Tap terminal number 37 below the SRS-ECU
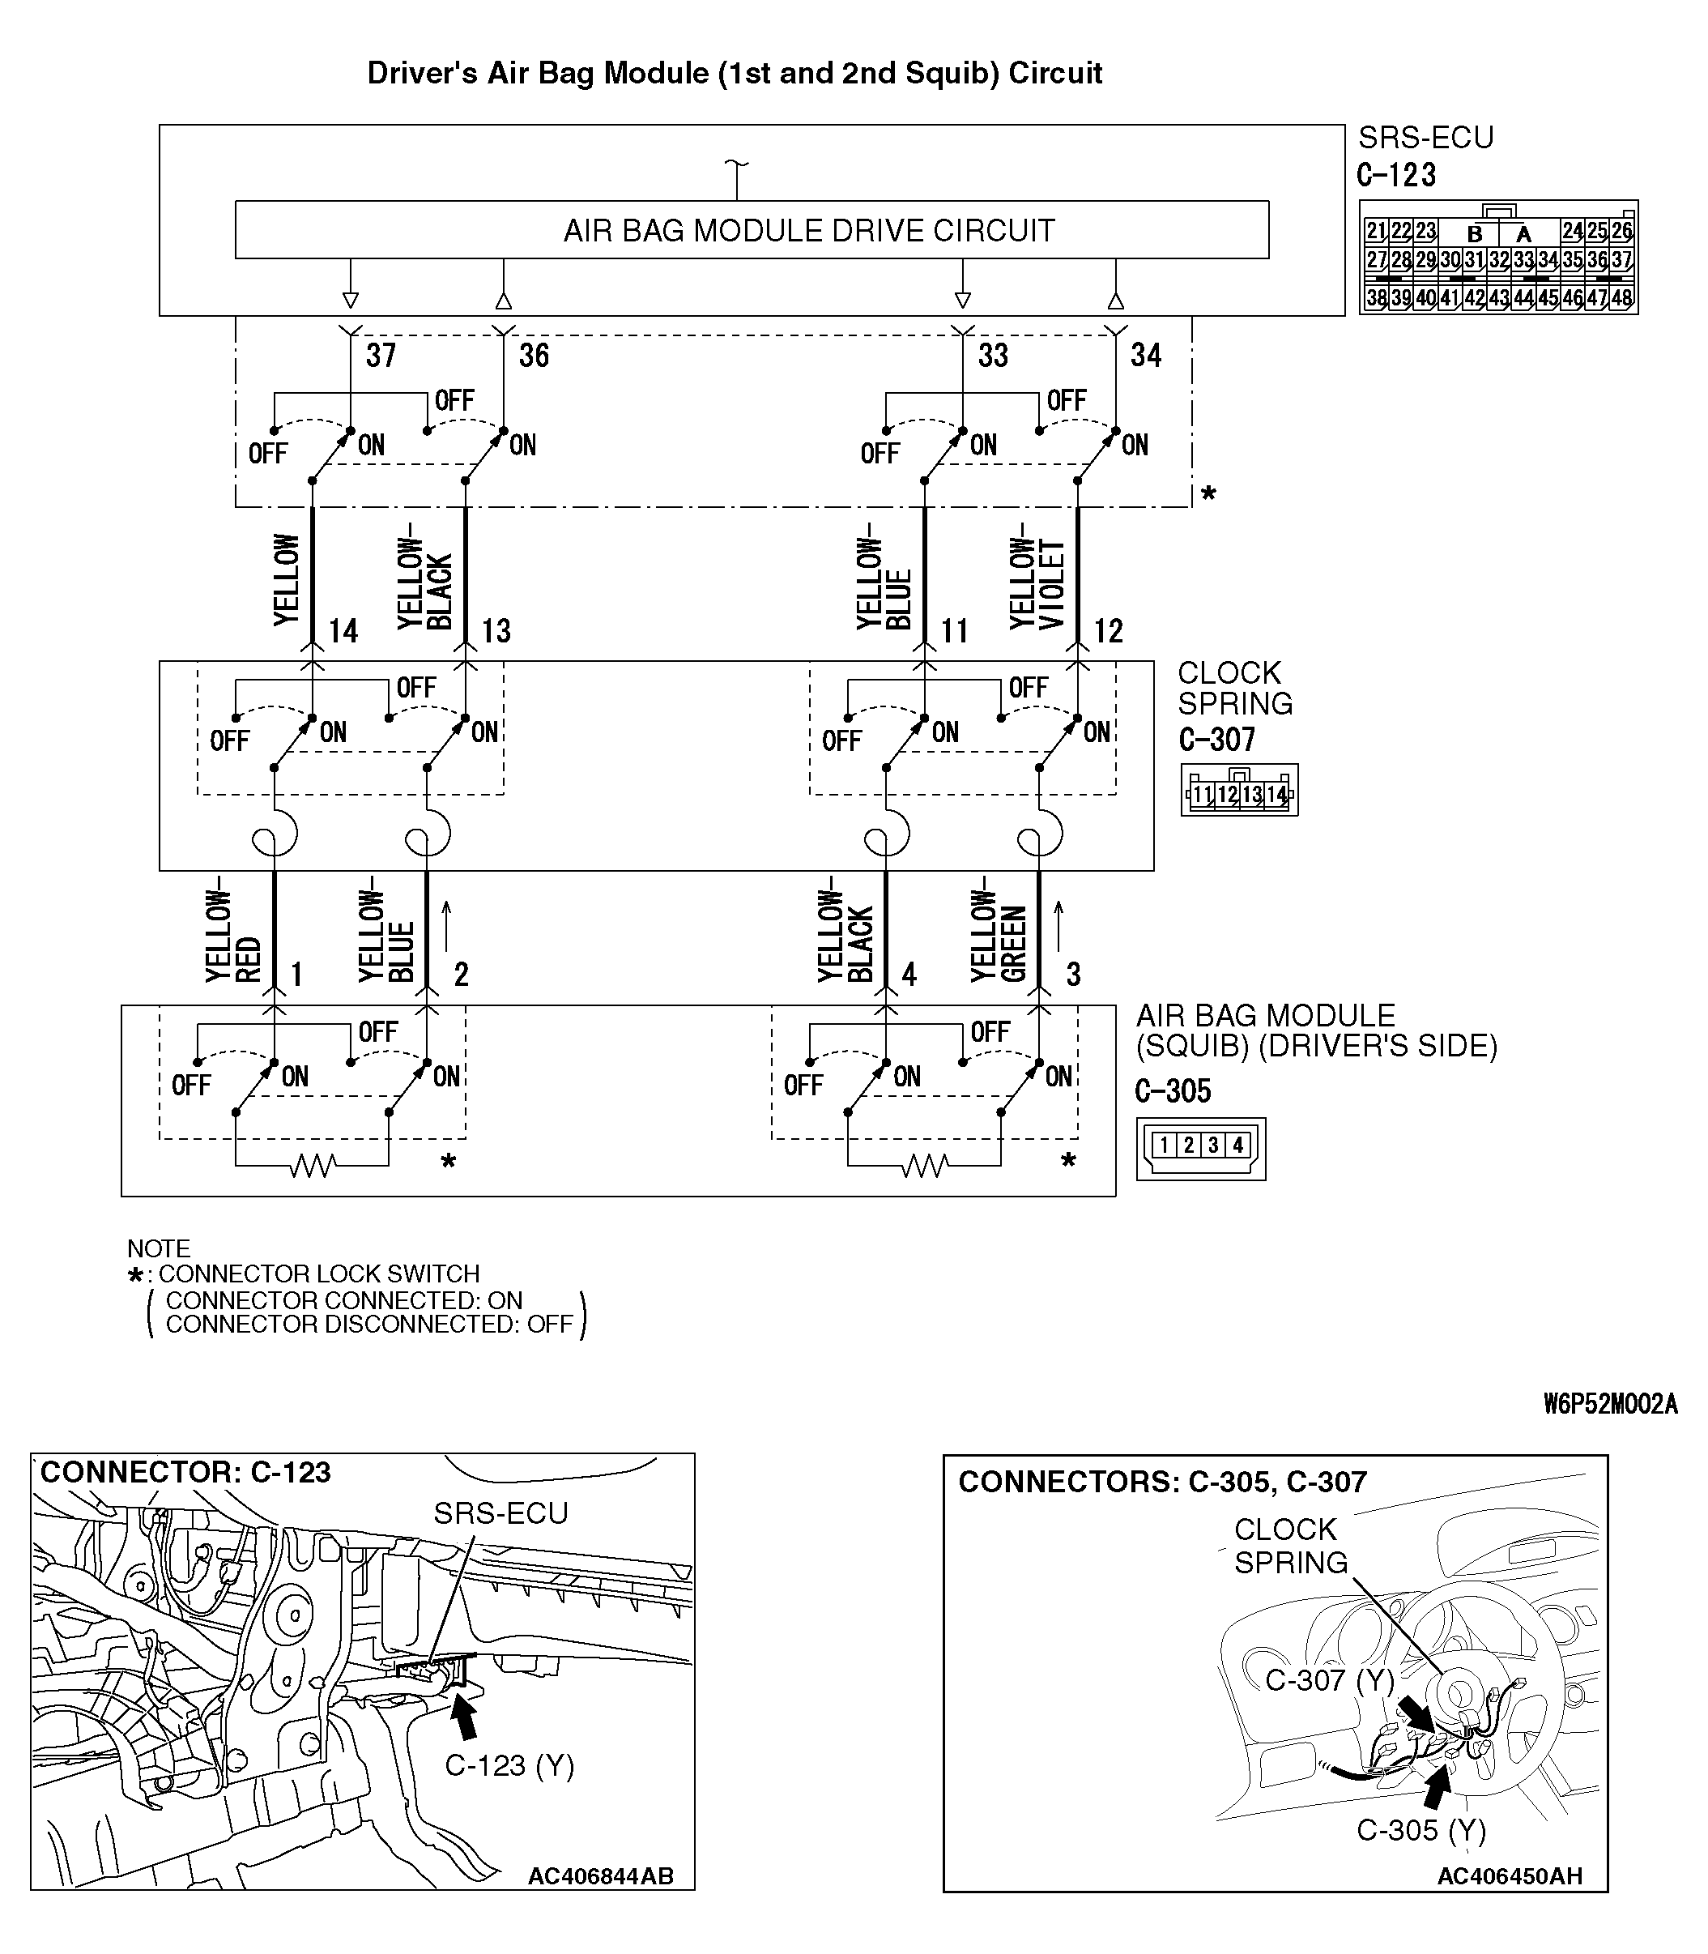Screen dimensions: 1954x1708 (381, 356)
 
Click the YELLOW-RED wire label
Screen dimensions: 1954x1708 (232, 929)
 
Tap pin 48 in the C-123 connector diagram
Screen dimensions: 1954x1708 (1622, 297)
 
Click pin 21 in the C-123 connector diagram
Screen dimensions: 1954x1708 (1375, 231)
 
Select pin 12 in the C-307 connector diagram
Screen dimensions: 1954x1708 (1227, 794)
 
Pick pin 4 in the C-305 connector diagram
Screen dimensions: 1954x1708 (1237, 1145)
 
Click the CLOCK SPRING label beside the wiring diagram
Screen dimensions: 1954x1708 (1234, 688)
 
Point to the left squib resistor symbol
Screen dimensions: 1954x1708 (313, 1165)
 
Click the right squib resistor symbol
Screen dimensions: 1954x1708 (925, 1165)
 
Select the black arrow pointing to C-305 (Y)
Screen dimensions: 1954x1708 (1434, 1786)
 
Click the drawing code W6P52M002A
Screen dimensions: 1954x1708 (1610, 1404)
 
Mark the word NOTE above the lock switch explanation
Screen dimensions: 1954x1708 (158, 1248)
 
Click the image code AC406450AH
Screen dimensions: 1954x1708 (1509, 1876)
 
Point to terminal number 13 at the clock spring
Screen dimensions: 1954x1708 (496, 631)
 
